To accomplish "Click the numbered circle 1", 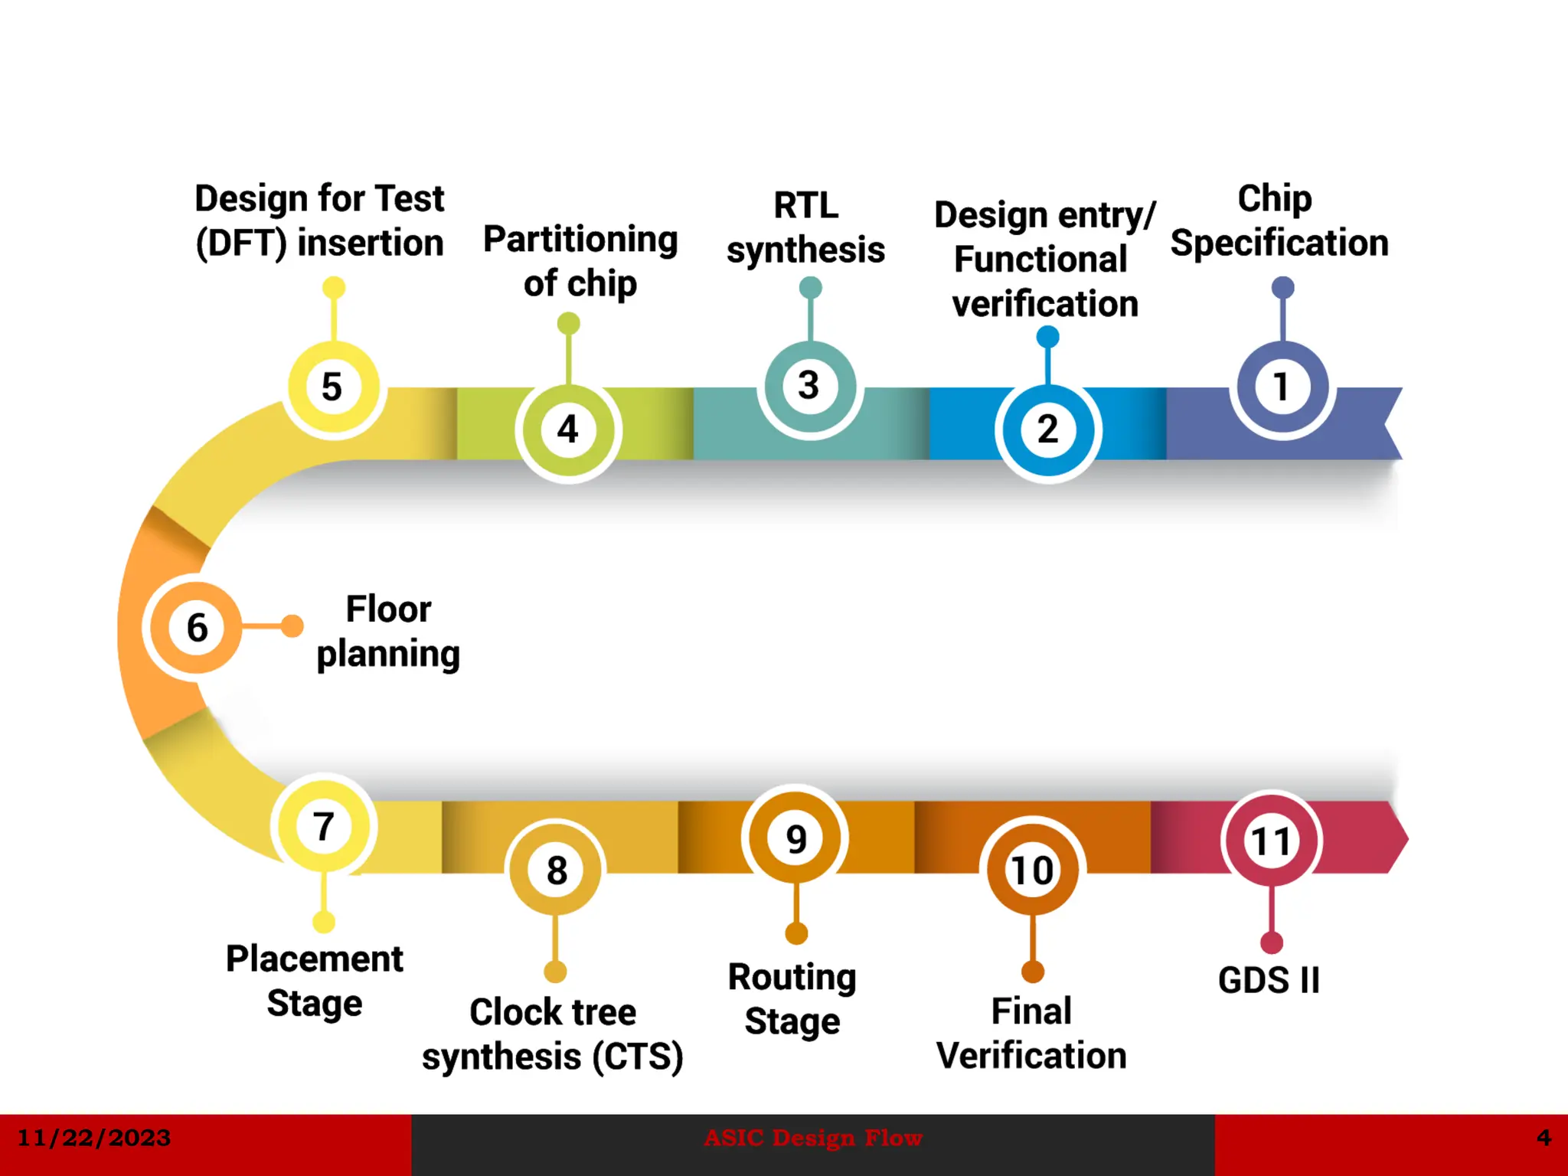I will pos(1282,387).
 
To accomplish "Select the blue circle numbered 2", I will pos(1047,430).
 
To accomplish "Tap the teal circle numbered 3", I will pos(810,386).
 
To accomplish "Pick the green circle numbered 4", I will pos(568,430).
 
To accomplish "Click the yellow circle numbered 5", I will pos(333,387).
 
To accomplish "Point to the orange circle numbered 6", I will pos(197,628).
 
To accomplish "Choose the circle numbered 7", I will pos(324,827).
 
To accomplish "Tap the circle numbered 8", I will pos(556,870).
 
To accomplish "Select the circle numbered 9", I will pos(796,839).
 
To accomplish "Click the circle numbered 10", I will pos(1032,870).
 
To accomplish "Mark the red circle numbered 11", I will pos(1271,841).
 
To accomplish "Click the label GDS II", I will pos(1269,981).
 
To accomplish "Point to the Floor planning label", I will pos(388,632).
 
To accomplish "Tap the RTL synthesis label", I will pos(805,228).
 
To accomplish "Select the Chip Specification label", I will pos(1279,220).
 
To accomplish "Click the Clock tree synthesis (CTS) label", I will pos(552,1034).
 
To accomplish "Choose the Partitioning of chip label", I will pos(580,261).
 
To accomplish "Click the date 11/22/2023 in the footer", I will pos(93,1138).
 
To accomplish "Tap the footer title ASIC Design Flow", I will pos(813,1138).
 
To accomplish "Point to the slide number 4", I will pos(1543,1138).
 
